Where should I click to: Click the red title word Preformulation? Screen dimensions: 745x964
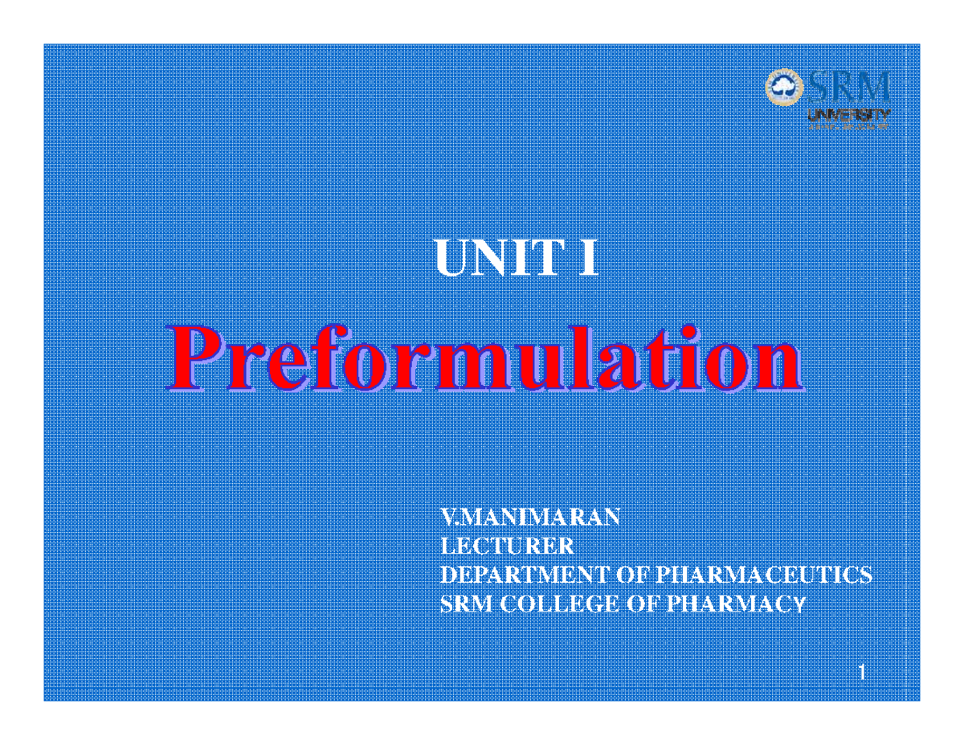click(484, 364)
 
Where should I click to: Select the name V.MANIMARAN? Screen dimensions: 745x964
click(531, 517)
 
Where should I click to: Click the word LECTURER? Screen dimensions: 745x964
click(508, 546)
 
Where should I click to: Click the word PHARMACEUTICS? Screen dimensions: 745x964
click(764, 575)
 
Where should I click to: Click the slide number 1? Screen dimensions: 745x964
click(862, 672)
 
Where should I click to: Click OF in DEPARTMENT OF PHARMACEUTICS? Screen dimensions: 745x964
click(633, 575)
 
